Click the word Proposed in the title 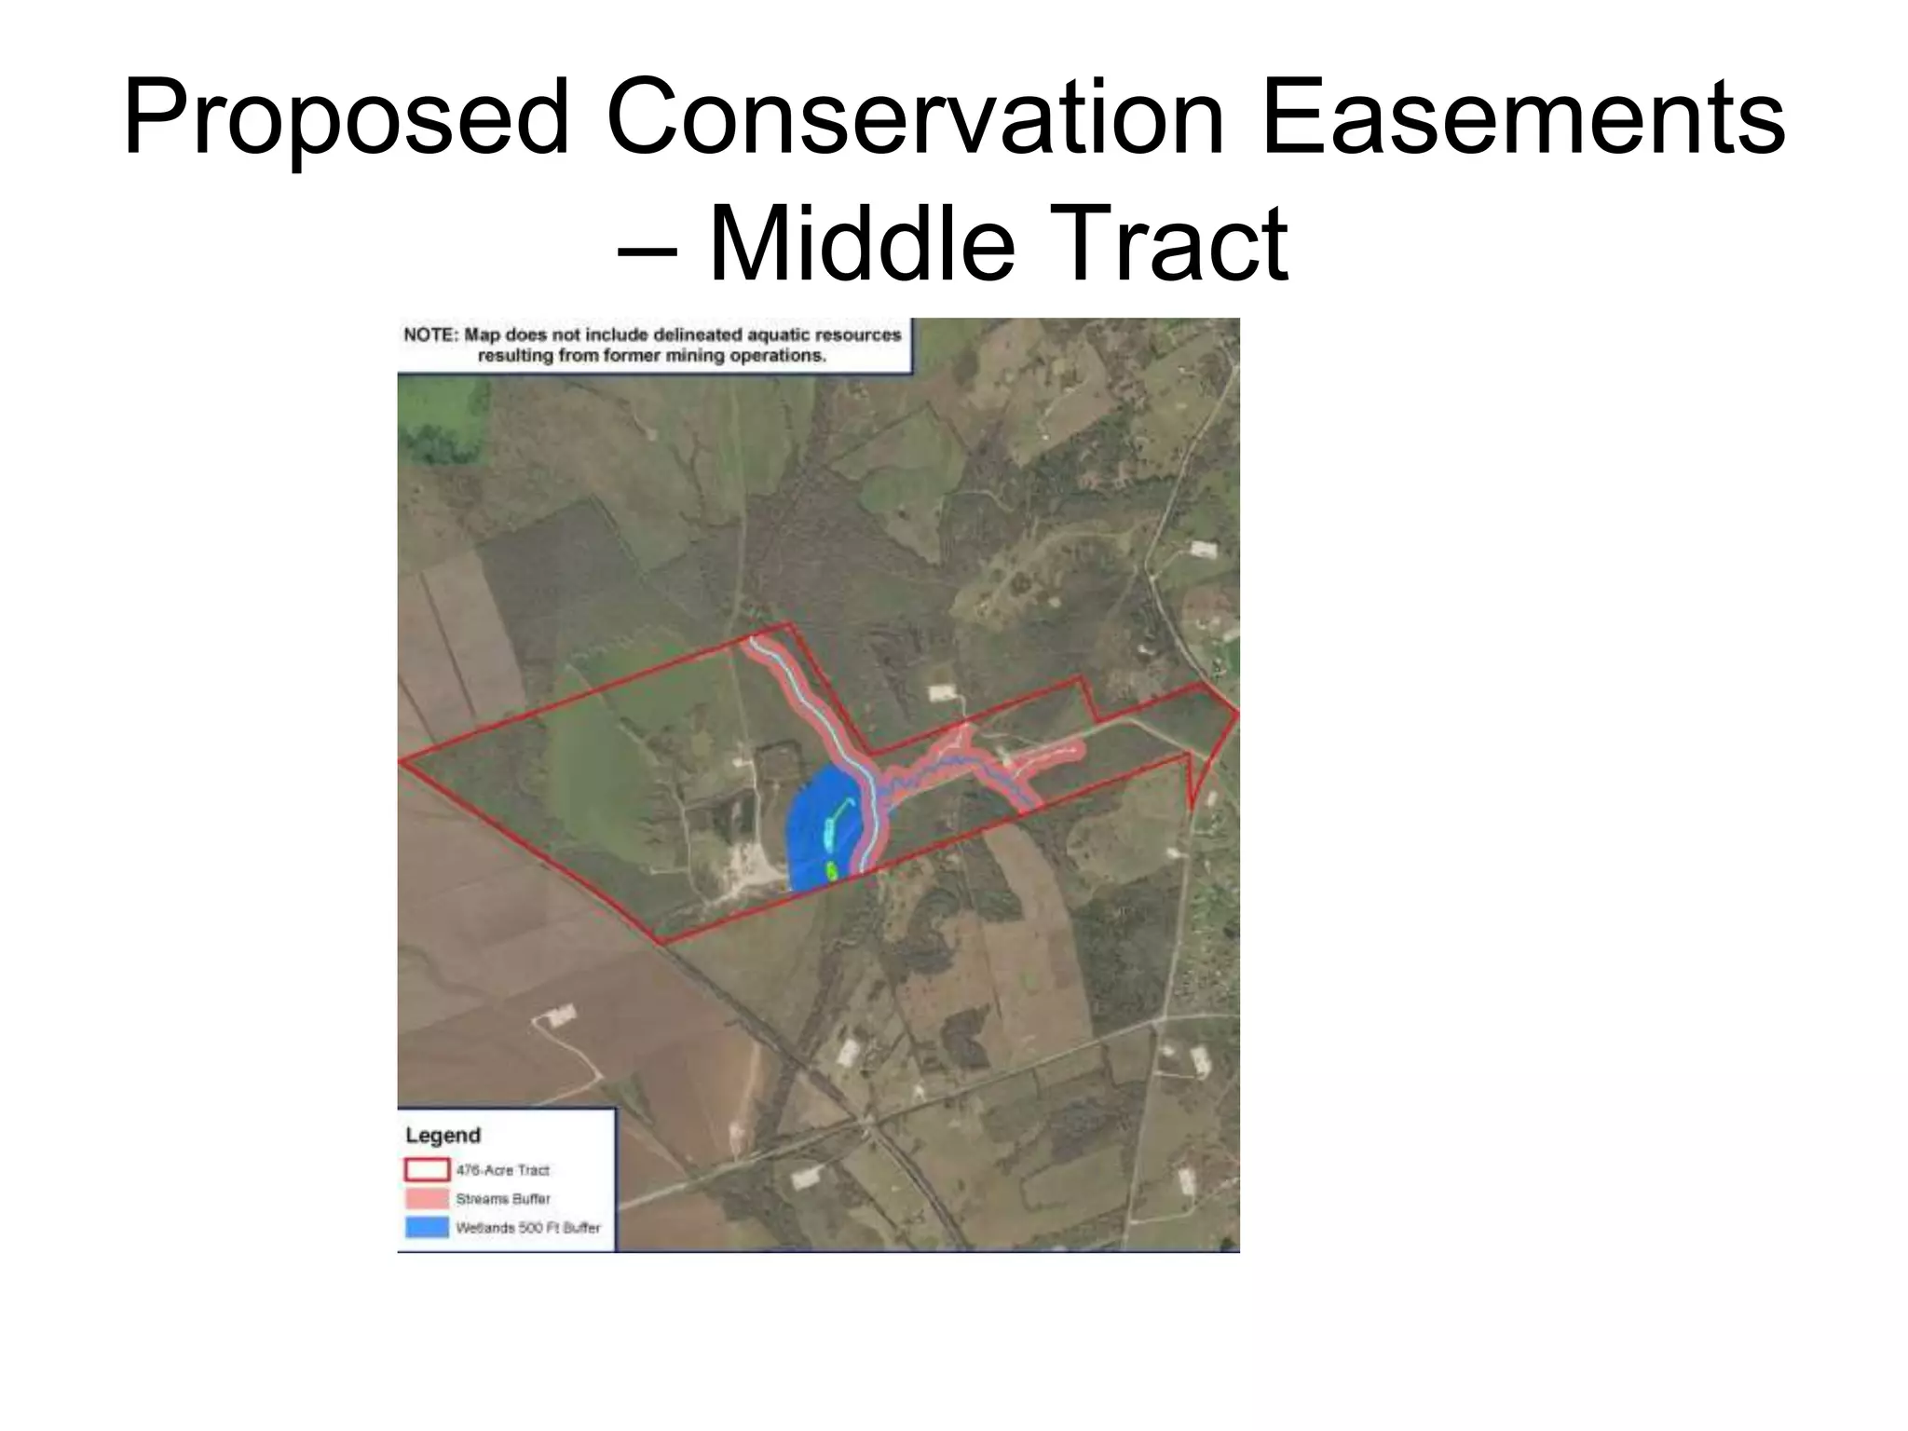(346, 119)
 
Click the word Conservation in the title (915, 119)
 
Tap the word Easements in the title (1522, 119)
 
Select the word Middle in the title (861, 244)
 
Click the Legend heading (443, 1136)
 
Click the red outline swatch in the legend (428, 1169)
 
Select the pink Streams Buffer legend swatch (428, 1198)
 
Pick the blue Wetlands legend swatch (428, 1227)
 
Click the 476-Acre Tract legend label (503, 1170)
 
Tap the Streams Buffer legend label (503, 1199)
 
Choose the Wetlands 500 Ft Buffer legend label (528, 1228)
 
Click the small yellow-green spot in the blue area (832, 871)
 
